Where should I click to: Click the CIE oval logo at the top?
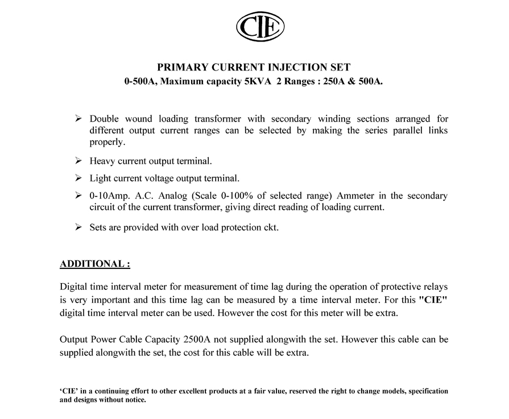[260, 27]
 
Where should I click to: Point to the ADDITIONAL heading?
[95, 264]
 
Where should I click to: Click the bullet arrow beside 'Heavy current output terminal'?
[79, 161]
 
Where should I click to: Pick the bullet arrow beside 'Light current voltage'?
[79, 179]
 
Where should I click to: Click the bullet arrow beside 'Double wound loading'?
[79, 119]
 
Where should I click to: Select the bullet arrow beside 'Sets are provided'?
[79, 227]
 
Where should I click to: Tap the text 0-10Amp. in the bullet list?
[109, 196]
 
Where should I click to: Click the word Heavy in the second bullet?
[102, 161]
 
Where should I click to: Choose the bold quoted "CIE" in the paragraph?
[433, 300]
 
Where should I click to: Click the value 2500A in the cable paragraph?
[198, 340]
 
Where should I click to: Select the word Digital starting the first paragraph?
[73, 288]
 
